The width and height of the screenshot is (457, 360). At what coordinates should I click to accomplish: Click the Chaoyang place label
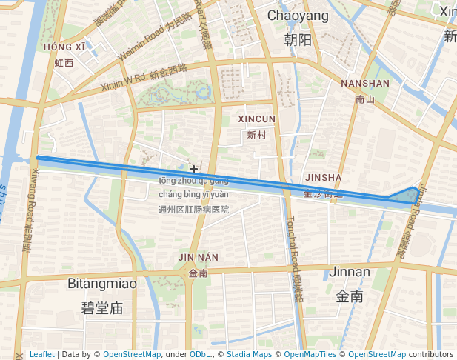point(298,16)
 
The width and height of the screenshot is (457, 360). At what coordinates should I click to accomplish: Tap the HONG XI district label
point(64,47)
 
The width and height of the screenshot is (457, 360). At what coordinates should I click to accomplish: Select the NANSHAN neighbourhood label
point(364,84)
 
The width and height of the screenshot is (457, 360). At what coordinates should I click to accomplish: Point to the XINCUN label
point(256,119)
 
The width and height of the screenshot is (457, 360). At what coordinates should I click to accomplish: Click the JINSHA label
point(323,178)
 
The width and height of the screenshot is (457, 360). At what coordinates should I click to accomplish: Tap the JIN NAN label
point(198,257)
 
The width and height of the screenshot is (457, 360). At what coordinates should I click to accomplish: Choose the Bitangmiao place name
point(102,284)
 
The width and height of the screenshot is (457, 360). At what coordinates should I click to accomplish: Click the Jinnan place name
point(349,272)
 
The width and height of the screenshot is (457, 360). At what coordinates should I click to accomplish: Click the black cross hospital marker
point(194,170)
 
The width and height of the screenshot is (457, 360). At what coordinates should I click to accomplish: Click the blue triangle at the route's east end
point(410,196)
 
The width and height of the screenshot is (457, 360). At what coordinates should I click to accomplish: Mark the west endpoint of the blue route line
point(37,158)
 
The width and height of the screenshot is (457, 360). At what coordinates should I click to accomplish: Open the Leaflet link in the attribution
point(41,355)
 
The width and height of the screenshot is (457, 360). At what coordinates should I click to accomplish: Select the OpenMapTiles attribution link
point(316,355)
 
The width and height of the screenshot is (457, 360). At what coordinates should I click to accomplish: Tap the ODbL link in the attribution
point(200,355)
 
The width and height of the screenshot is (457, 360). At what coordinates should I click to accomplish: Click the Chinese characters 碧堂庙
point(102,307)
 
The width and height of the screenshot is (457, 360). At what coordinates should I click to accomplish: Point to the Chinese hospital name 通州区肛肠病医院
point(193,210)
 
